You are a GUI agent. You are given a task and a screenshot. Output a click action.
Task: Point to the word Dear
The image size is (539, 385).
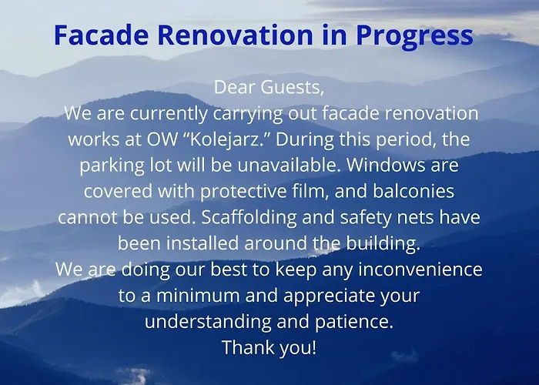237,87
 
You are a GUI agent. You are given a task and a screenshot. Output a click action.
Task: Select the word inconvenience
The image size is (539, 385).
424,270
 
